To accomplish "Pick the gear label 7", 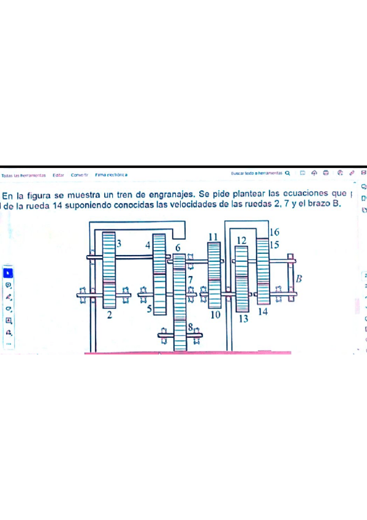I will [191, 280].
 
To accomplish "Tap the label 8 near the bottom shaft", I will [191, 328].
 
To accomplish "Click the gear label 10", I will [215, 315].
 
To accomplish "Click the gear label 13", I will [243, 319].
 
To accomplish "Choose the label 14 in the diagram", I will [263, 312].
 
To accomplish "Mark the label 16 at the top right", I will [274, 232].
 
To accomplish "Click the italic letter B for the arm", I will [300, 279].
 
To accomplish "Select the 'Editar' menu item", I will [59, 175].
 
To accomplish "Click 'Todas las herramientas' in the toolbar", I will [24, 175].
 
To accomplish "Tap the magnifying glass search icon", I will [287, 174].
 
